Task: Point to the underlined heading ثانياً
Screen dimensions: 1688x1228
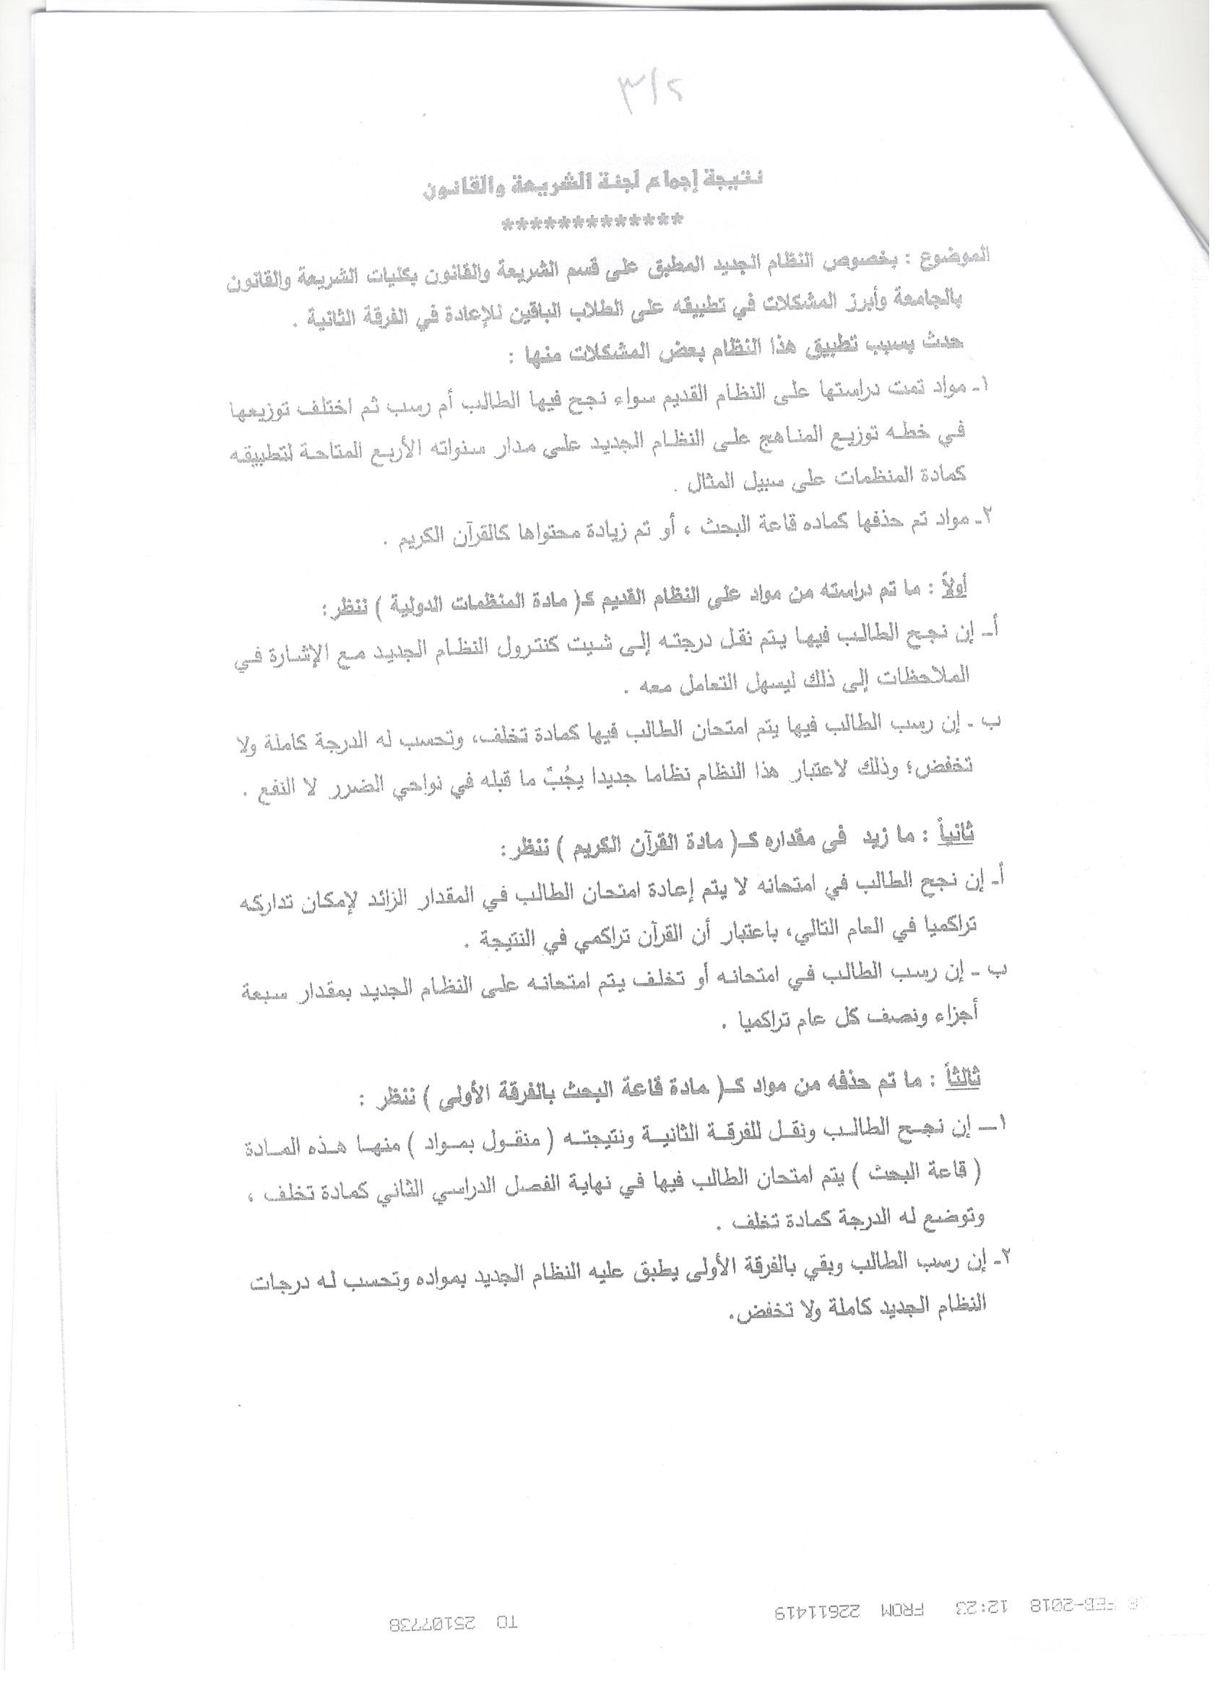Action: click(958, 835)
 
